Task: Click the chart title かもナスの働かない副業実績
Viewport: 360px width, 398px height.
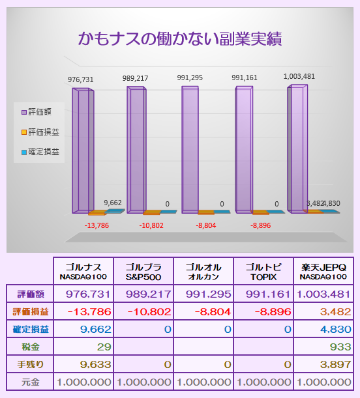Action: click(x=180, y=39)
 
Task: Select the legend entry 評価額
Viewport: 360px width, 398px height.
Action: click(x=37, y=112)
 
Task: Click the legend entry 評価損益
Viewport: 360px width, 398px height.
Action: click(x=40, y=132)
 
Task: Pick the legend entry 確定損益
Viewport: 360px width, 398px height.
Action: click(x=40, y=152)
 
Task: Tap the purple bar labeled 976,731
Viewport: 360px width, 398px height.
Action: click(x=83, y=150)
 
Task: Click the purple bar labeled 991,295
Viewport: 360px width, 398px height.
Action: click(x=190, y=150)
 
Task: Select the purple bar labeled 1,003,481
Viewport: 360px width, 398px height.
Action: click(x=297, y=149)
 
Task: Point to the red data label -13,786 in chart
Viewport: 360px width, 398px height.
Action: click(x=97, y=225)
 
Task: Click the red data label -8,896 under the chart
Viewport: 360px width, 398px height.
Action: click(x=260, y=225)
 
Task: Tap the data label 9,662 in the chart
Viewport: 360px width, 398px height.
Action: click(x=113, y=203)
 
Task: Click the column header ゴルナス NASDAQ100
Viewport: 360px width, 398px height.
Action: click(x=83, y=271)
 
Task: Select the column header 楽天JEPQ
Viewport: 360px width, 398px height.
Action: click(x=323, y=271)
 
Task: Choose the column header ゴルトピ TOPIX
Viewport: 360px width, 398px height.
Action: click(x=263, y=271)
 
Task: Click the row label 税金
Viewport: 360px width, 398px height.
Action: click(x=31, y=347)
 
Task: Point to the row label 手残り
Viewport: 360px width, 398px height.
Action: click(x=31, y=365)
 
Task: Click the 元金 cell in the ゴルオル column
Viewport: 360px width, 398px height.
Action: click(x=203, y=382)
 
